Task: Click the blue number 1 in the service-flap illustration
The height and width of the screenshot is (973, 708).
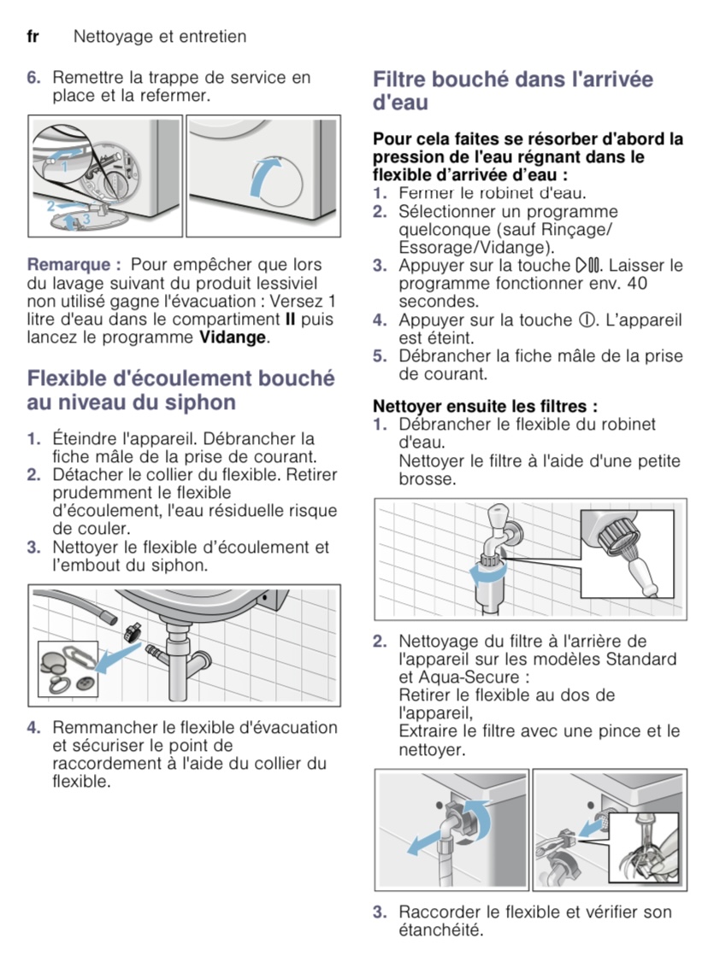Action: point(63,167)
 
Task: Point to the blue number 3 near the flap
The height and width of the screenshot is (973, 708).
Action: point(86,220)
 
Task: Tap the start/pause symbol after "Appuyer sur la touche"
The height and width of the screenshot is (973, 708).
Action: point(584,266)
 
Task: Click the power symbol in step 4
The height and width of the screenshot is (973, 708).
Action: point(586,320)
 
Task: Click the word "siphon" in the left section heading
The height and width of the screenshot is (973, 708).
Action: point(196,402)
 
